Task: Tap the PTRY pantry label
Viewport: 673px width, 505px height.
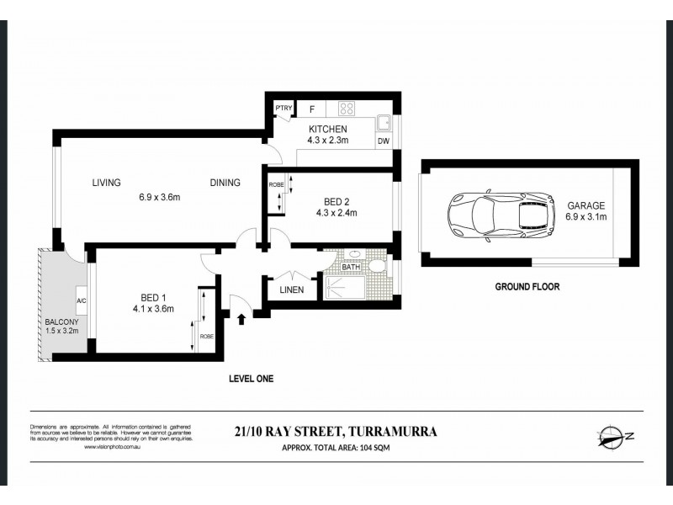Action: (x=282, y=109)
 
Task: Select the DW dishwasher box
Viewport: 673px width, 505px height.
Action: (x=384, y=141)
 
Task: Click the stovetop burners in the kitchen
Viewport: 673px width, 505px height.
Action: (x=347, y=108)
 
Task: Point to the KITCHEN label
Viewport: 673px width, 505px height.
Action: (x=328, y=129)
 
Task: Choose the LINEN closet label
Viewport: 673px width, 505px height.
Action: (x=291, y=290)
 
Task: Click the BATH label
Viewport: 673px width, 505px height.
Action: (x=350, y=268)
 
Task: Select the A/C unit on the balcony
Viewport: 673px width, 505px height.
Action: (x=82, y=300)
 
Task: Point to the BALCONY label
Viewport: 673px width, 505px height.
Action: (x=58, y=322)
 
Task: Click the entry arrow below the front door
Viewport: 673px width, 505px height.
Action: (x=243, y=319)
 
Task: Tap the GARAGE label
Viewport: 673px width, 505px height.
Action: (x=586, y=205)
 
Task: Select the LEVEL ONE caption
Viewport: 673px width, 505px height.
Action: (x=252, y=379)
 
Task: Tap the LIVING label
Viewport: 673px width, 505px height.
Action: (x=107, y=183)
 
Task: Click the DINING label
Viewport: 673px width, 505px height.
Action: (x=225, y=183)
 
